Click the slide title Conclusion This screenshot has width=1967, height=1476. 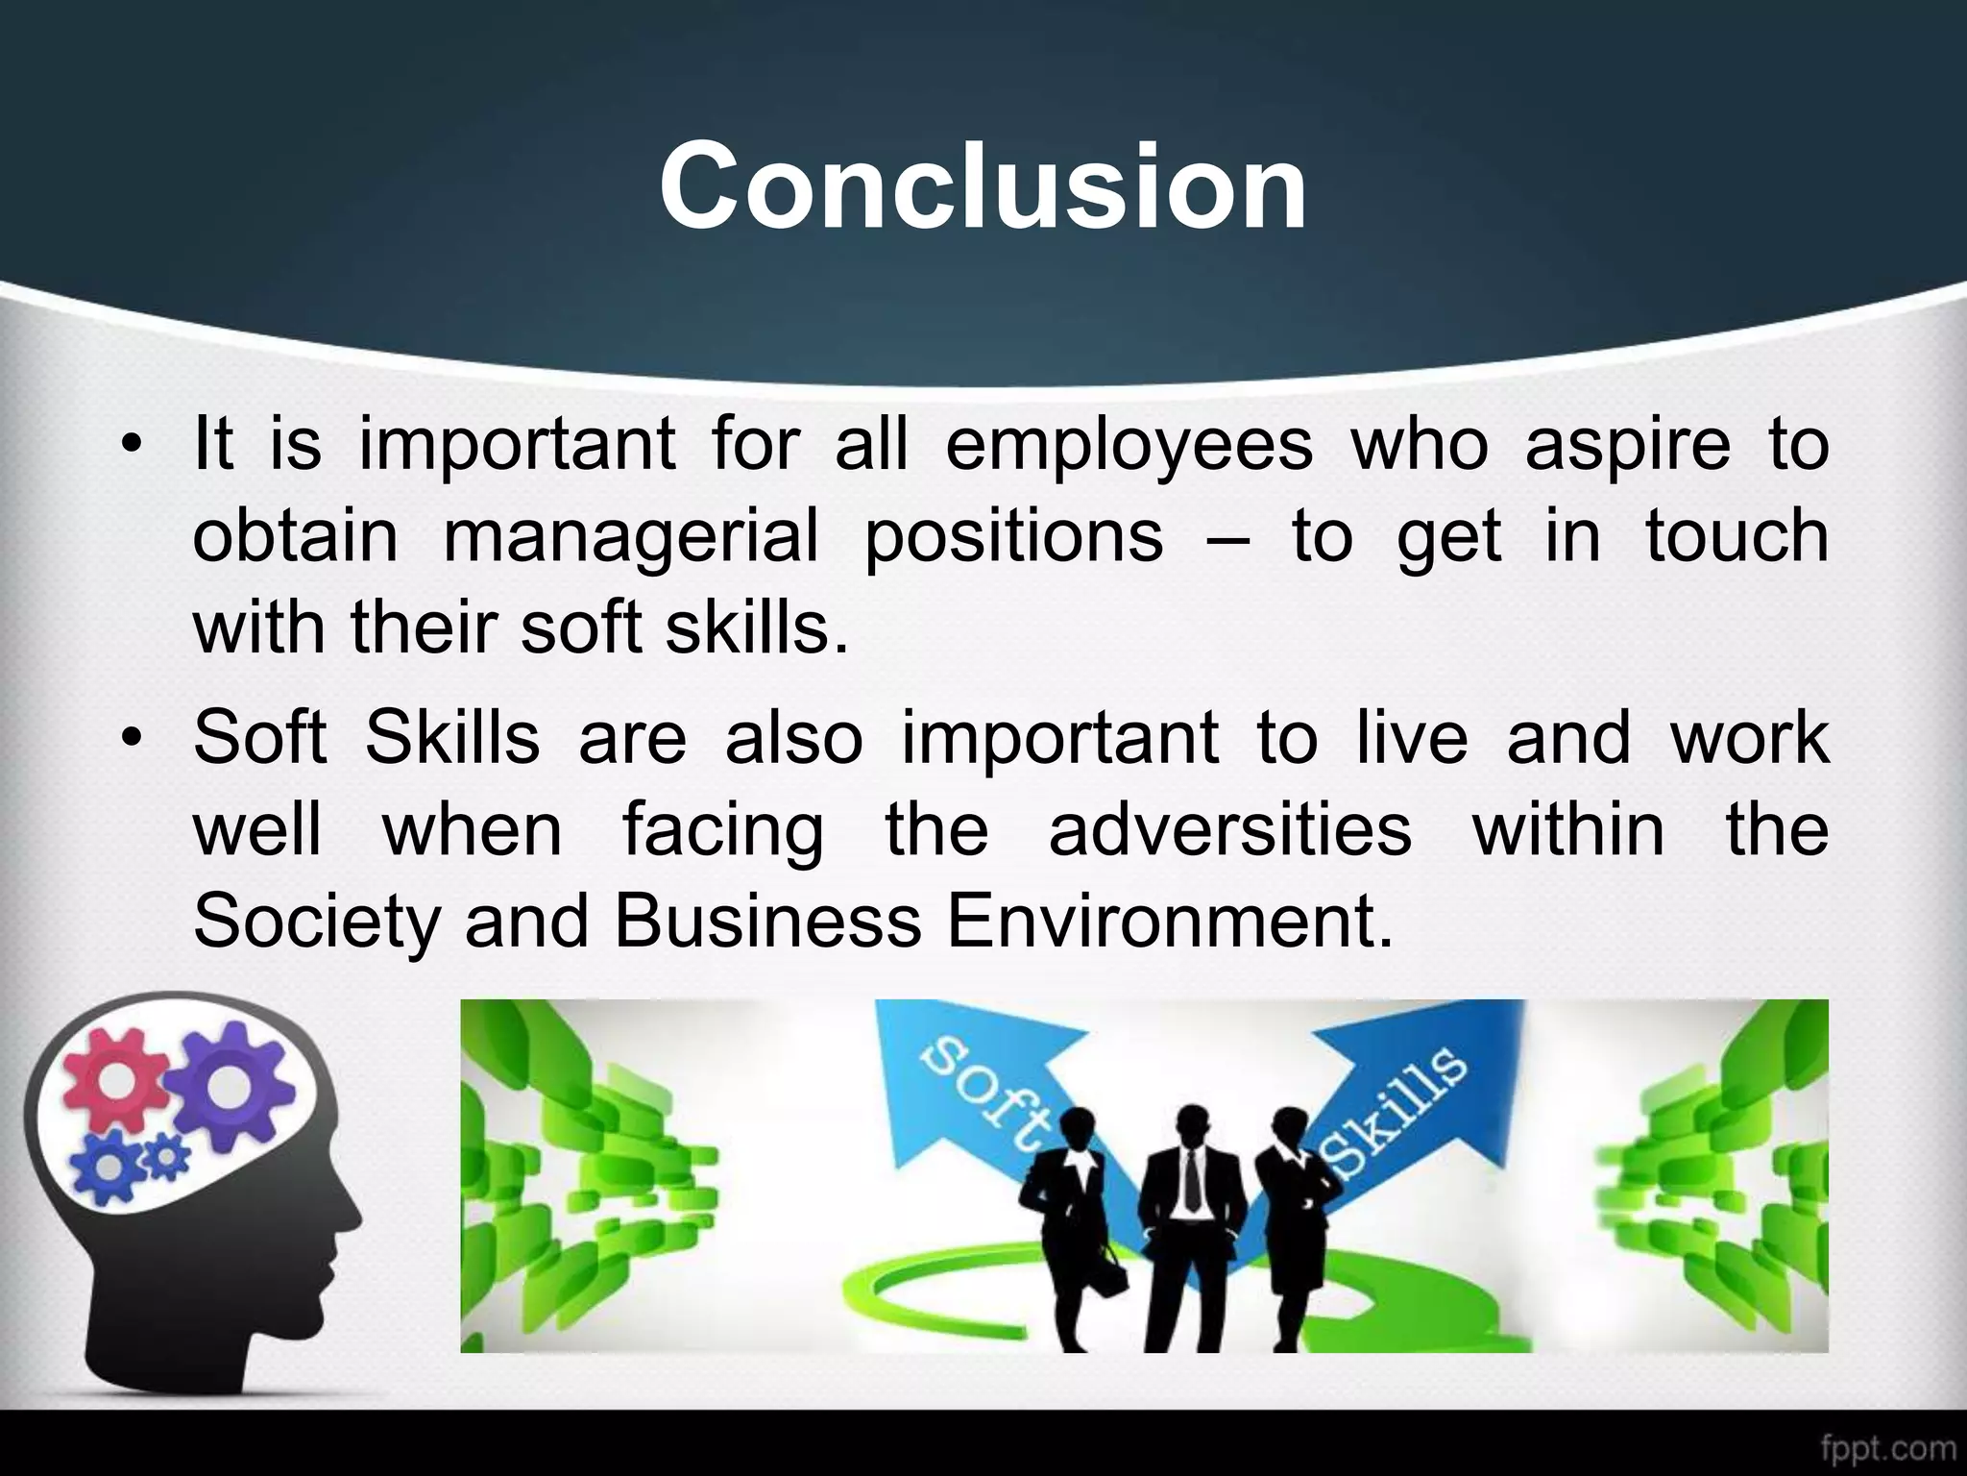[x=983, y=185]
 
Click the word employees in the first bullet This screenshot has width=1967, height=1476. [x=1129, y=445]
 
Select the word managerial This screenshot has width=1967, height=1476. [x=631, y=536]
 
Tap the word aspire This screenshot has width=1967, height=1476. [x=1627, y=447]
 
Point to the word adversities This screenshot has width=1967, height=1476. [x=1229, y=830]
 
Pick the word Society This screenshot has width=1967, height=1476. [x=315, y=923]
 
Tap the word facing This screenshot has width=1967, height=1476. [x=722, y=832]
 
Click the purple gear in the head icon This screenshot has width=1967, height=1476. [x=229, y=1085]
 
